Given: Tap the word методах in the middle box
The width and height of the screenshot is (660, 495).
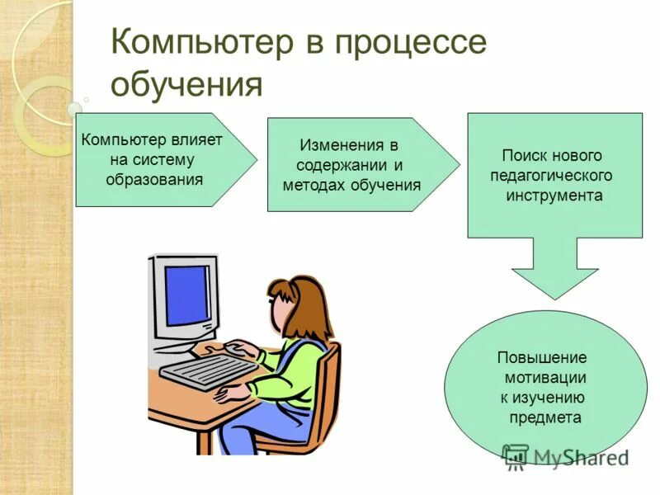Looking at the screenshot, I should (313, 185).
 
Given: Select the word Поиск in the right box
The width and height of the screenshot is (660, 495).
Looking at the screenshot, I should (526, 156).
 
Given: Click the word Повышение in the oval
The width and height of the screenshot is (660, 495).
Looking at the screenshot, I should (542, 358).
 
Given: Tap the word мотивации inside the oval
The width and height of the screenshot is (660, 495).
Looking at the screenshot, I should (544, 378).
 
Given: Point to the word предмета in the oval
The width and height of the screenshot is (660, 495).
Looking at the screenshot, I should (545, 417).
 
